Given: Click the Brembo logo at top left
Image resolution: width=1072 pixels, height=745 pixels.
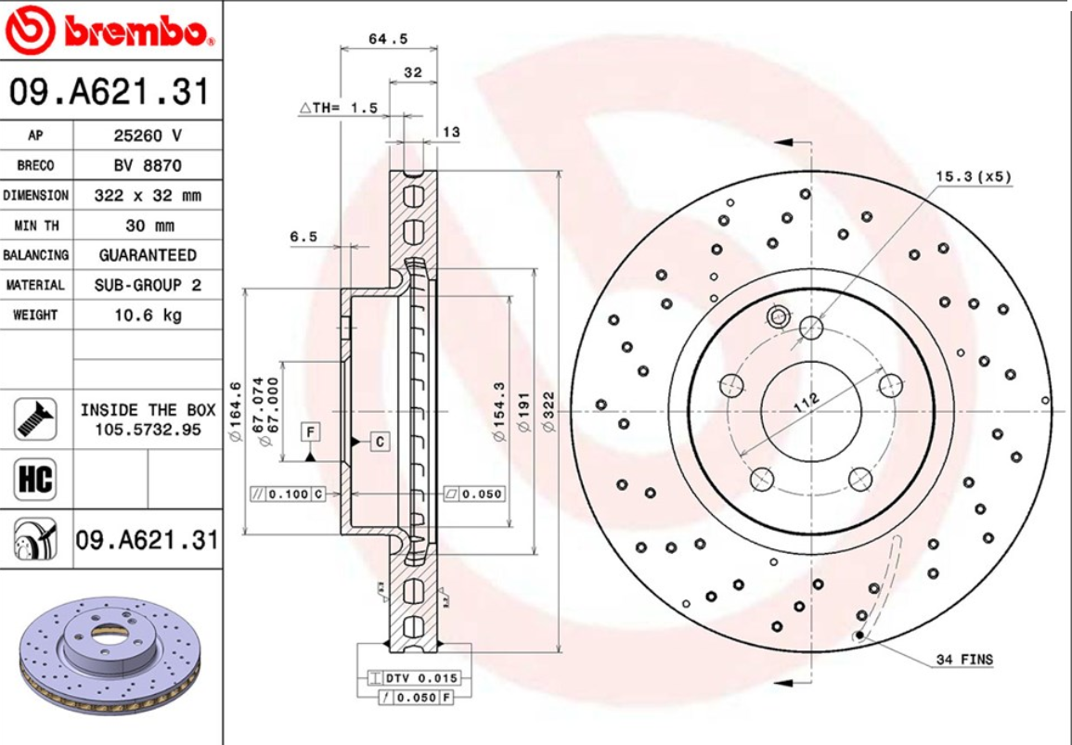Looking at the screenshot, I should [110, 32].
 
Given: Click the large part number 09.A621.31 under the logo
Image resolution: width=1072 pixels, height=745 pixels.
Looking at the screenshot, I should [110, 92].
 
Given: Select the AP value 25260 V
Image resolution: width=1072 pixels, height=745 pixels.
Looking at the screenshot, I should [148, 135].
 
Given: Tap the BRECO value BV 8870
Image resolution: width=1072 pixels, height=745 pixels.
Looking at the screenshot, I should [148, 165].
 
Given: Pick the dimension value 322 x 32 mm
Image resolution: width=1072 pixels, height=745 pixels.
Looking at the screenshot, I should [148, 196].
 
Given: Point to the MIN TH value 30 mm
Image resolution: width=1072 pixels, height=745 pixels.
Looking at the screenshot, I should [148, 225].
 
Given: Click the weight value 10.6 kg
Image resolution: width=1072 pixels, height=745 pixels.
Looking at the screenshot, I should [148, 315].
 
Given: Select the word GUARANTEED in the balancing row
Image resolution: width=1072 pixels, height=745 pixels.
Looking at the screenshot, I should [148, 255].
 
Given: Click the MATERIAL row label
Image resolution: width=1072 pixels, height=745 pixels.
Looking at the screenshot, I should [36, 285].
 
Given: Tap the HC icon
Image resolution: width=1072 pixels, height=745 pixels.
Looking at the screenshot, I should [35, 481].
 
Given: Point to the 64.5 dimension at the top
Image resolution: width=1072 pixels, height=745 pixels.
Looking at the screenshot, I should [388, 39].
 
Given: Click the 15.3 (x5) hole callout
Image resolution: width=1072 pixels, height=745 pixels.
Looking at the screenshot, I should [973, 175].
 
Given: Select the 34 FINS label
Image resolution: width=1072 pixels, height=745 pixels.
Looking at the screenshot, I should [964, 660].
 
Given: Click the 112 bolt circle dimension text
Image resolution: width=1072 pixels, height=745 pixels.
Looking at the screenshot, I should [807, 404].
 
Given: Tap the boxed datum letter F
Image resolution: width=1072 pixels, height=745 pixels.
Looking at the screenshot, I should [310, 431].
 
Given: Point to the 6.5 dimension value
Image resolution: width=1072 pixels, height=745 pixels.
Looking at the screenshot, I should [304, 237].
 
